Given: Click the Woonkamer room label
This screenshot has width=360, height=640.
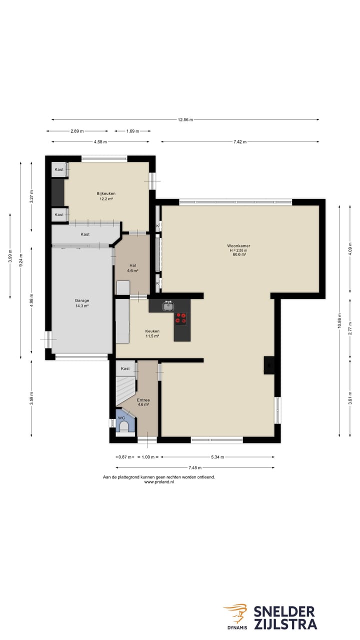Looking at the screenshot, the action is [x=238, y=245].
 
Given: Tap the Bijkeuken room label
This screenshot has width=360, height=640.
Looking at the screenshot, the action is [x=106, y=193].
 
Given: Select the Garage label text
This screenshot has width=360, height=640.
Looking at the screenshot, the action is [x=82, y=300].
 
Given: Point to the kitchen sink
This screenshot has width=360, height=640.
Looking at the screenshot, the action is [x=168, y=306].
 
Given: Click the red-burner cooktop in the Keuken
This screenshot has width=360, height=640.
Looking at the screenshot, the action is [x=181, y=318].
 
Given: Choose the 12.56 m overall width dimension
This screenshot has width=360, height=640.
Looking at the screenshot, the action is [x=185, y=119].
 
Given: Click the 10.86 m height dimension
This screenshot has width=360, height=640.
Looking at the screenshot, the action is [x=339, y=321].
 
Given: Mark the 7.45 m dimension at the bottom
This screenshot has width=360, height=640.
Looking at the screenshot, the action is [x=195, y=467].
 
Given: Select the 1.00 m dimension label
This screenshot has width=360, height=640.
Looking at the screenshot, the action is [x=148, y=457].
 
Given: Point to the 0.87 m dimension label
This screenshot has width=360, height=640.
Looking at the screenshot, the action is [x=125, y=457].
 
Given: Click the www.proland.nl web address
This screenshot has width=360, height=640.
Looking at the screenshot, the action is [x=159, y=481].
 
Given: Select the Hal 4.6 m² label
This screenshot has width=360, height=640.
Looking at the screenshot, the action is [x=132, y=268].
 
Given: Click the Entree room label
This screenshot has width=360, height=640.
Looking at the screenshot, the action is [x=143, y=400].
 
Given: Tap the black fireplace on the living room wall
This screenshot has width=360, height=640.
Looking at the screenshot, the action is [x=269, y=365].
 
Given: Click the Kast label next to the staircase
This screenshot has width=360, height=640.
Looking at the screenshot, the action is [x=125, y=368].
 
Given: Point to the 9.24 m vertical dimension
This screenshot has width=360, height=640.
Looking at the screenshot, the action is [x=20, y=260].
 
